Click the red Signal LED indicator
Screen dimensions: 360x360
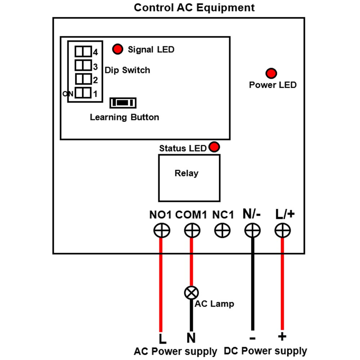click(118, 49)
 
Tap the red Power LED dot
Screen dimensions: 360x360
click(271, 73)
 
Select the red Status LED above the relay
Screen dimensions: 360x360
click(214, 147)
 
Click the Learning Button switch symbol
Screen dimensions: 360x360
click(123, 103)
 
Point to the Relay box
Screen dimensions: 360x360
click(189, 178)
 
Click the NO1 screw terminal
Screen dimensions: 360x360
click(162, 230)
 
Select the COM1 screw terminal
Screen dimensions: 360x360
click(192, 230)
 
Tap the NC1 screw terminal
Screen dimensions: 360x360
click(222, 230)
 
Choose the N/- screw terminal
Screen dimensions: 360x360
click(252, 230)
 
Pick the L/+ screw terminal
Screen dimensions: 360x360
click(283, 230)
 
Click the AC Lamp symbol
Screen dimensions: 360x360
click(192, 292)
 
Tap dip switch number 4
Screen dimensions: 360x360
click(83, 51)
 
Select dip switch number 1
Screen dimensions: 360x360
click(83, 93)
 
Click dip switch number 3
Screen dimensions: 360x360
click(83, 65)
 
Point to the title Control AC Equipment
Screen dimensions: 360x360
click(194, 8)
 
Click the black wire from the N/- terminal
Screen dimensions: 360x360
click(253, 284)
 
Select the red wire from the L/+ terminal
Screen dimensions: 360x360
click(282, 284)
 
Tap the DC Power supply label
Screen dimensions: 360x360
click(265, 351)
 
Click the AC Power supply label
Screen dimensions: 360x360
click(175, 351)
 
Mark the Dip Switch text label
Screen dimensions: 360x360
click(127, 70)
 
